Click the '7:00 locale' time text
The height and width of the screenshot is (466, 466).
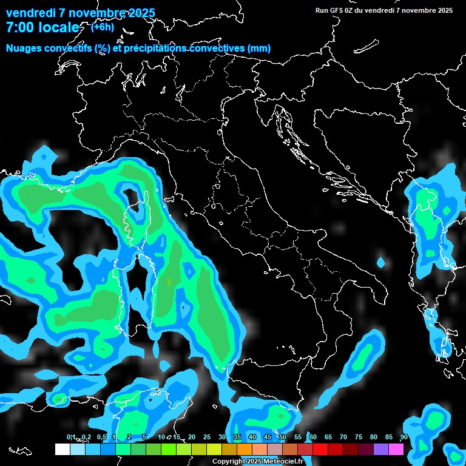tap(42, 28)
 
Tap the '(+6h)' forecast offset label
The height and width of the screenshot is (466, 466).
tap(104, 27)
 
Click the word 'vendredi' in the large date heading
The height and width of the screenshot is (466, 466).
tap(30, 13)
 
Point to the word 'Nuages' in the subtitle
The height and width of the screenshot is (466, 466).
tap(25, 49)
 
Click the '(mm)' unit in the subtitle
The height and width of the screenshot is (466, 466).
tap(258, 49)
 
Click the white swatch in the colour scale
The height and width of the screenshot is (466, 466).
tap(62, 449)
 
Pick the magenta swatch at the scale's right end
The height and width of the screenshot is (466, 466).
tap(396, 449)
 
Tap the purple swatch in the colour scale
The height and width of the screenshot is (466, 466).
tap(381, 449)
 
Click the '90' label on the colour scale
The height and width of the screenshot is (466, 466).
tap(404, 437)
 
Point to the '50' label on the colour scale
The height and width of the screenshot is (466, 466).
tap(283, 437)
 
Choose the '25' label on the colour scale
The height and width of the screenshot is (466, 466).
tap(207, 437)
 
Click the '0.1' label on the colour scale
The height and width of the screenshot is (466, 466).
tap(71, 437)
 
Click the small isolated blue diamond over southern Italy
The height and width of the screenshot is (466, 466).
tap(381, 263)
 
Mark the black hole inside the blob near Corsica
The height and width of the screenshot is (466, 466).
tap(130, 195)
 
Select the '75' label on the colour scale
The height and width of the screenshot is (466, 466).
tap(359, 437)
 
